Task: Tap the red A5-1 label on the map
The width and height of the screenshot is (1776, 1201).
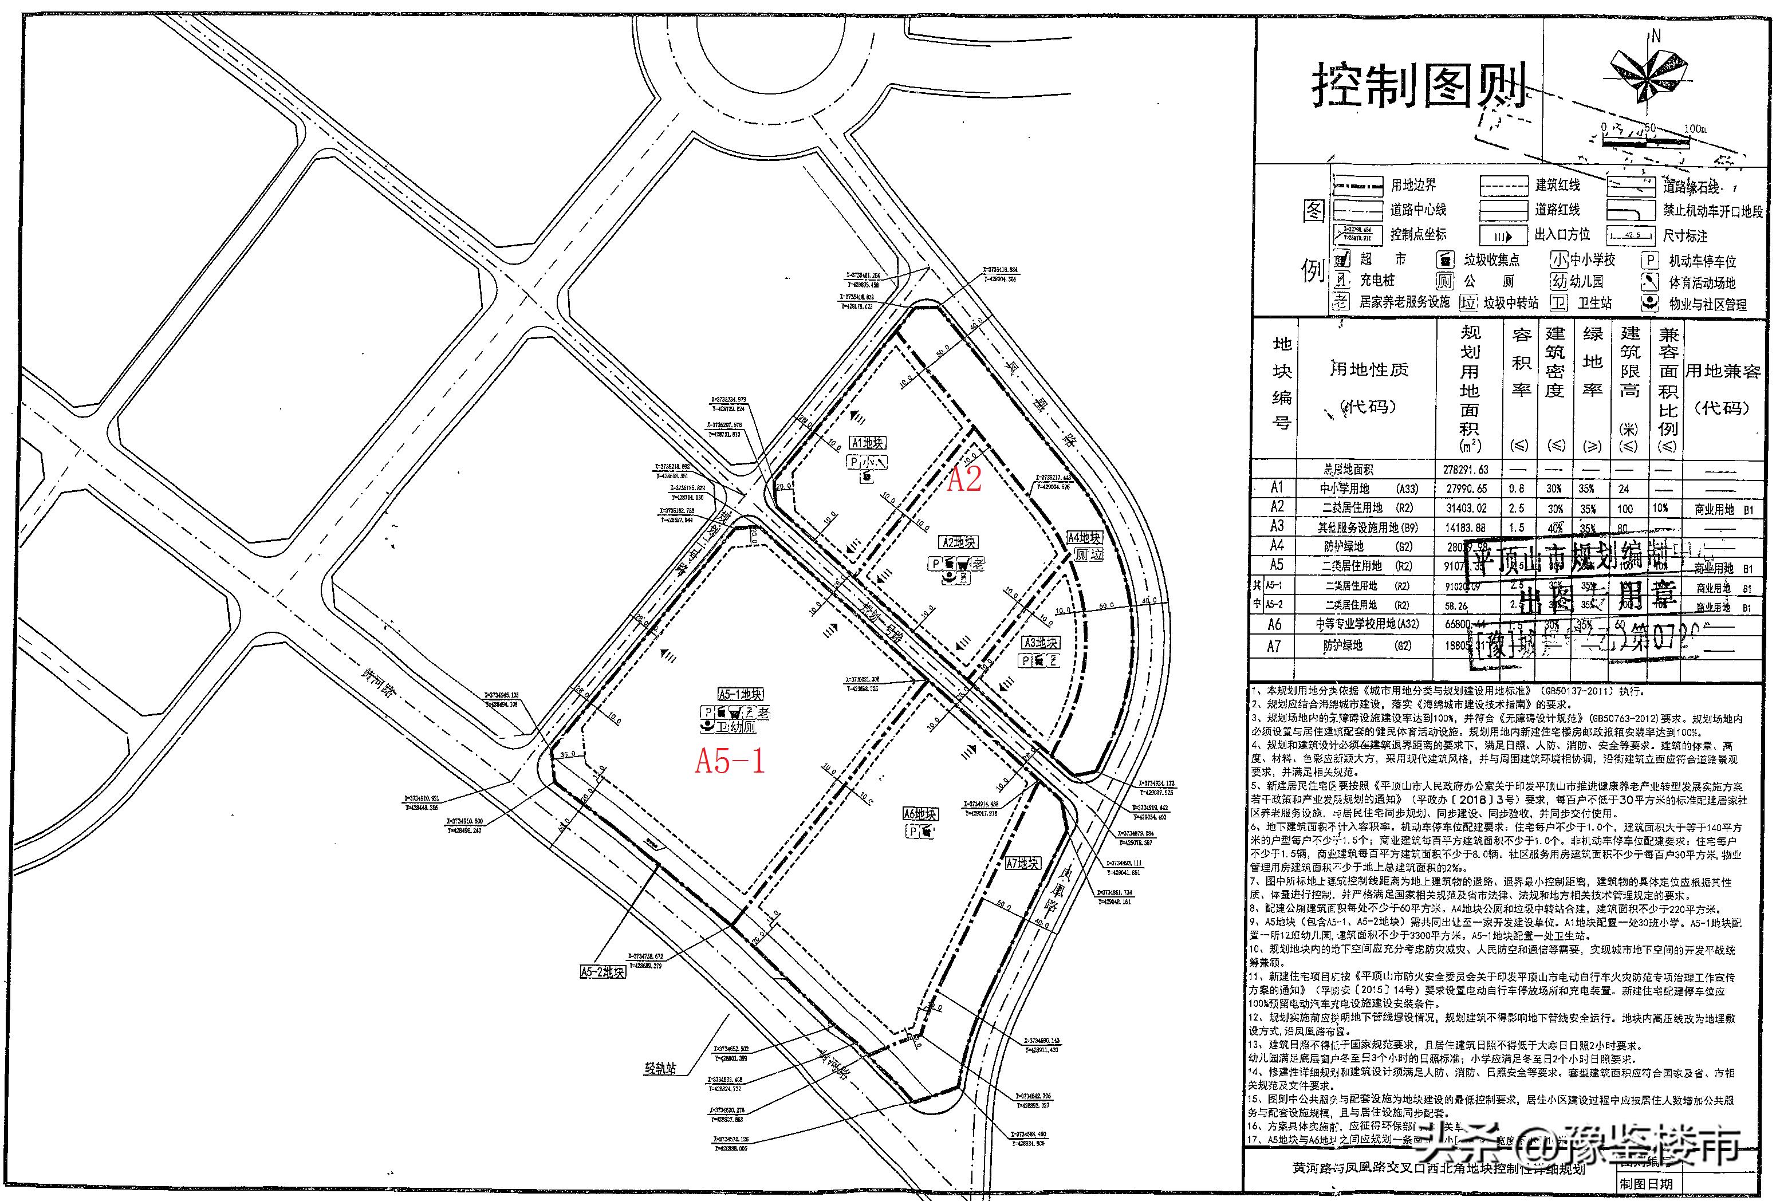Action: [730, 761]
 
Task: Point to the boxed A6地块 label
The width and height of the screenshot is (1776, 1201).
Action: [920, 814]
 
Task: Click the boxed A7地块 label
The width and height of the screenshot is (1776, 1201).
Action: [1022, 863]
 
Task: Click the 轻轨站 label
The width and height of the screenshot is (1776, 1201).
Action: [660, 1069]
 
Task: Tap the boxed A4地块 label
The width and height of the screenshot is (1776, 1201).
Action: [1084, 538]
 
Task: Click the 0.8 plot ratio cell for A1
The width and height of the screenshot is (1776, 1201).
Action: [1516, 488]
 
